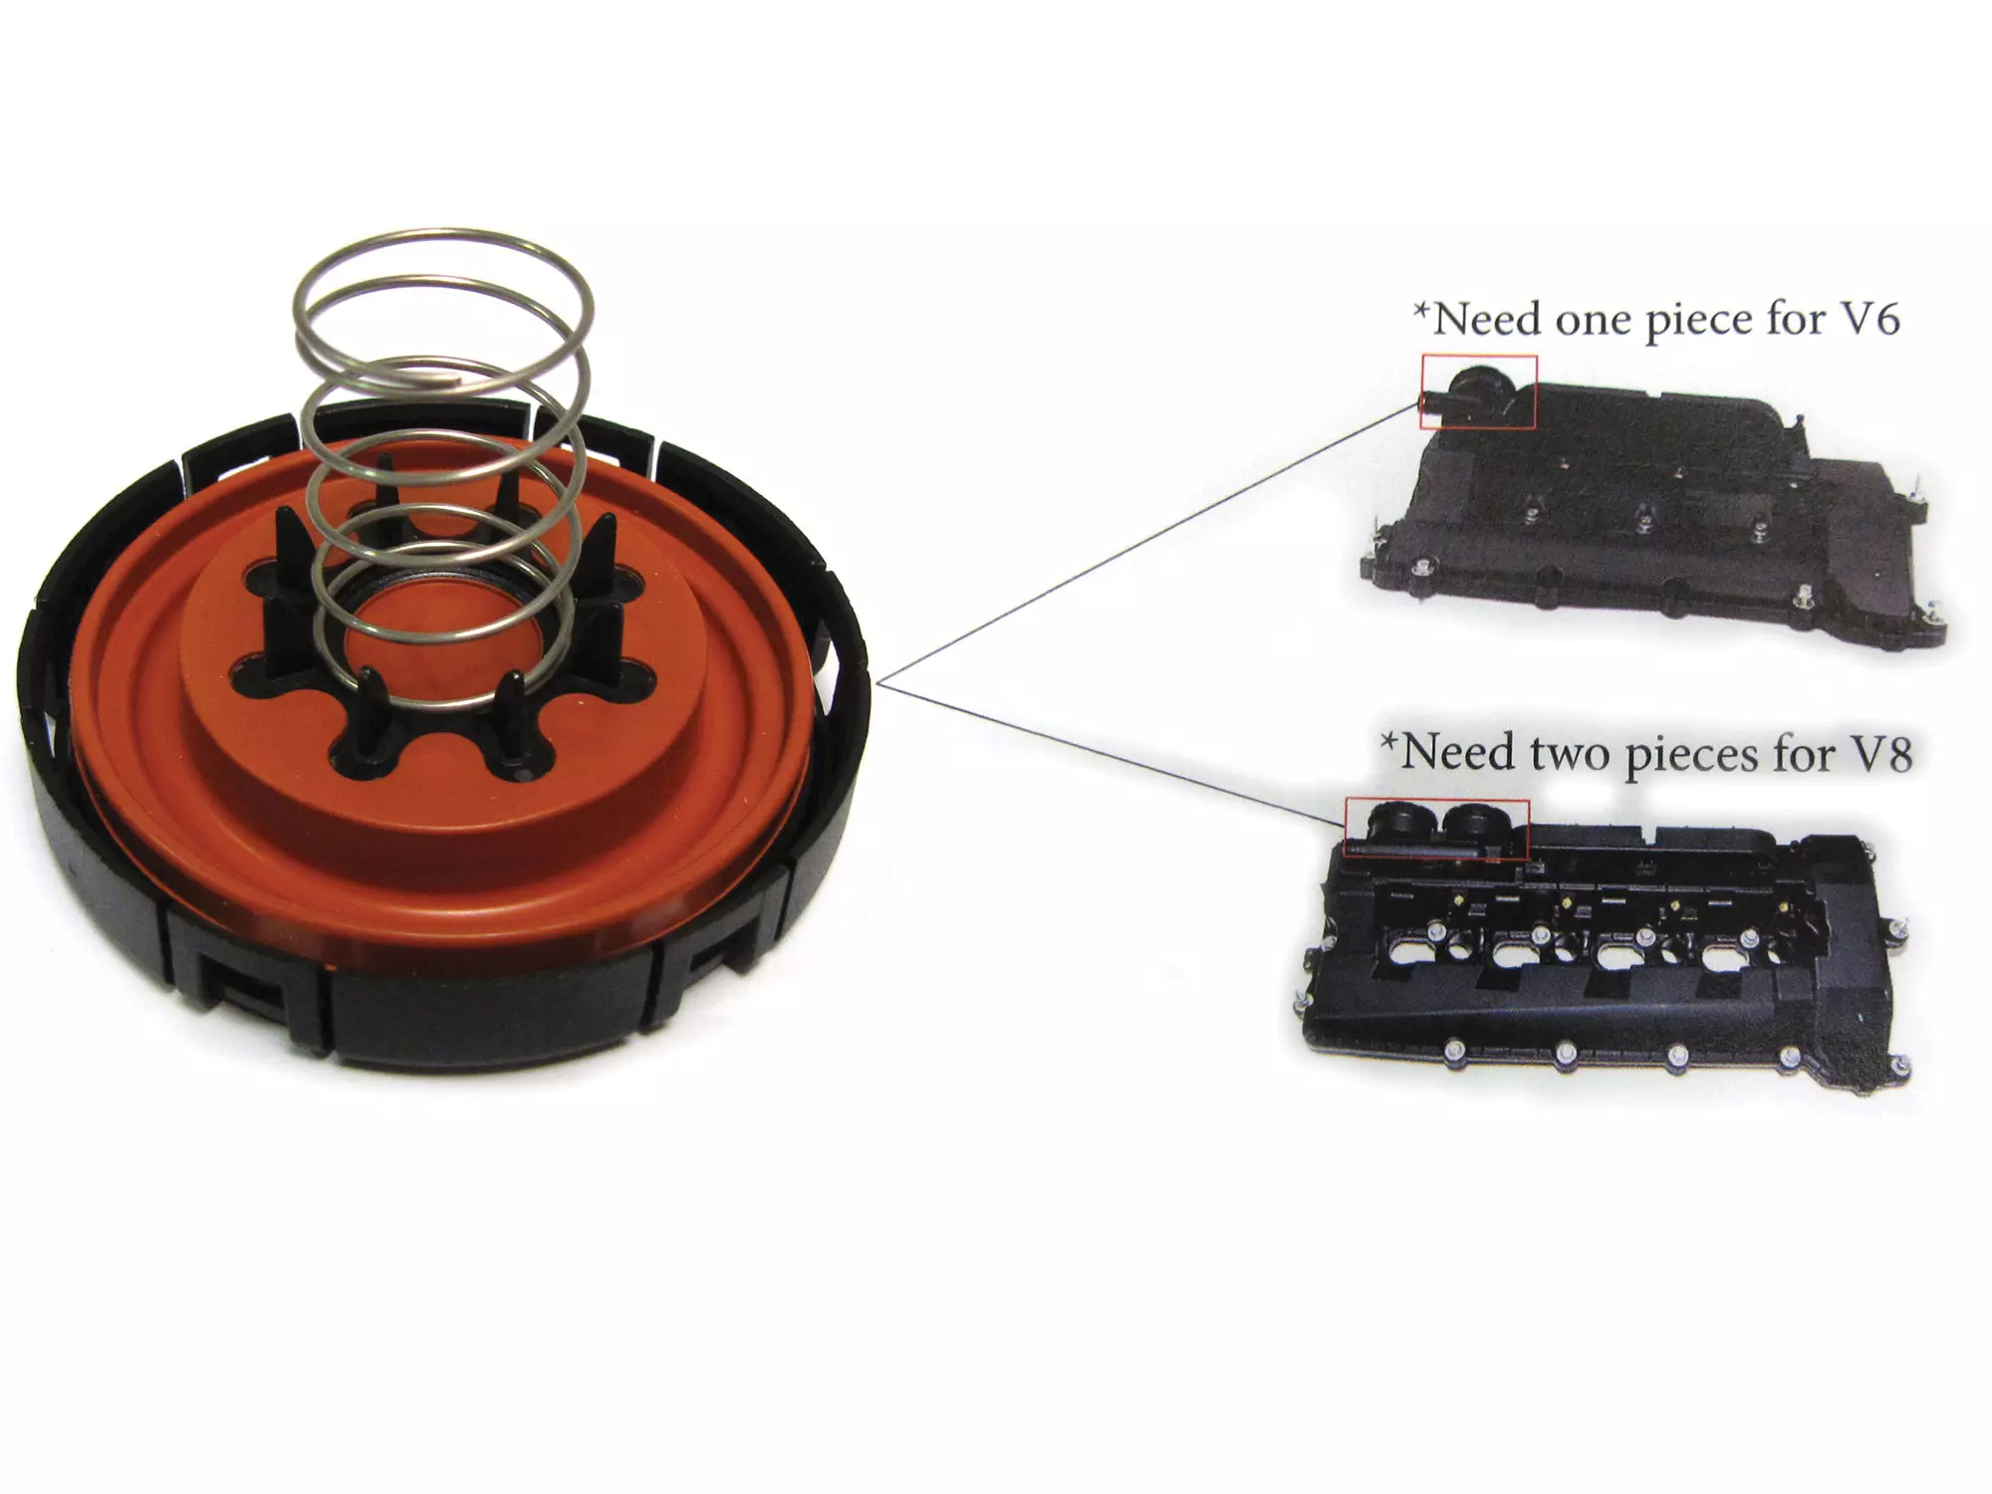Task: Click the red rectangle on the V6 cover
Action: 1478,391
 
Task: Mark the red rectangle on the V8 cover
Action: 1436,829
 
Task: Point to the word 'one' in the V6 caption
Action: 1586,321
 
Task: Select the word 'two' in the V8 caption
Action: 1570,754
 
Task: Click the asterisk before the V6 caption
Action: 1422,312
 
